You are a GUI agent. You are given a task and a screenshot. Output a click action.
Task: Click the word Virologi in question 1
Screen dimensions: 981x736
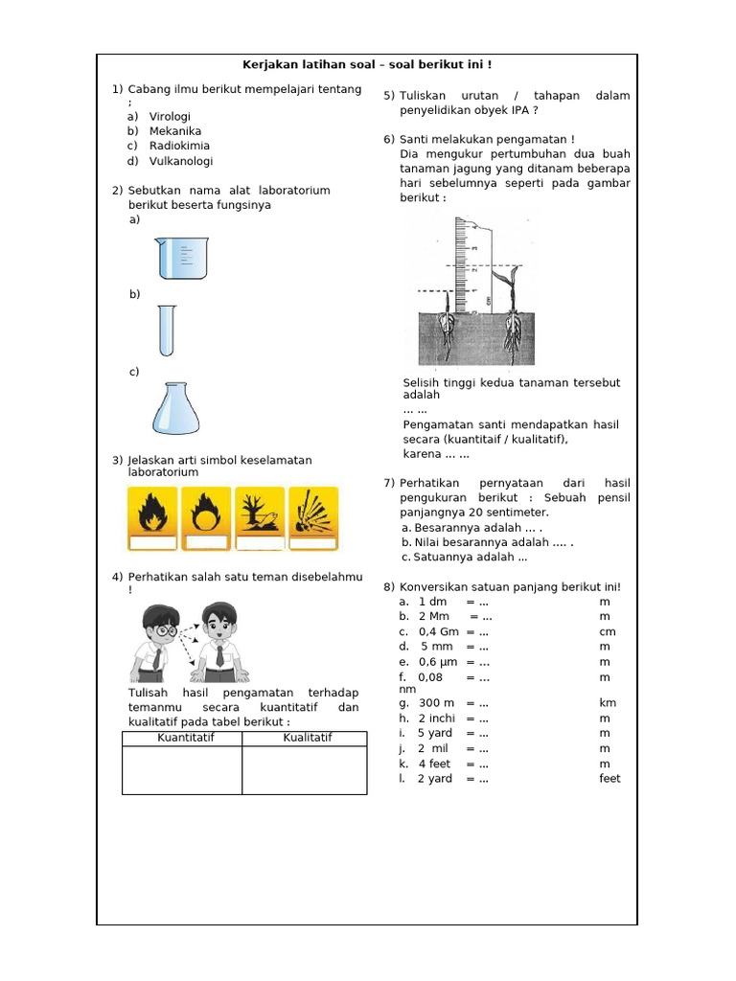point(171,116)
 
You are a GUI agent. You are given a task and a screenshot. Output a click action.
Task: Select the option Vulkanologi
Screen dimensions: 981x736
point(181,161)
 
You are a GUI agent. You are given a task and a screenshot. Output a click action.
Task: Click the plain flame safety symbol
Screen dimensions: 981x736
point(152,518)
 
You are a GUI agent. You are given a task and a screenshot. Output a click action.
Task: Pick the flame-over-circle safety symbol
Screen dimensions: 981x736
point(206,518)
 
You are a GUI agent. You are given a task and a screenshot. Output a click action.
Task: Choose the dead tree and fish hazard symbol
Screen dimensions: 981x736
point(261,518)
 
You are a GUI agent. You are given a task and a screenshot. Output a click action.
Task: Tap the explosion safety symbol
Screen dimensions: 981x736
point(312,518)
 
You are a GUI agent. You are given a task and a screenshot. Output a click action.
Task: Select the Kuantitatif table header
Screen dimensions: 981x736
point(182,738)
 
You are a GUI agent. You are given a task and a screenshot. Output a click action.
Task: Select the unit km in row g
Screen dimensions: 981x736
point(608,703)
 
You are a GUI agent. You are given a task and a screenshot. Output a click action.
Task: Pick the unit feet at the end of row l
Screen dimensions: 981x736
point(610,779)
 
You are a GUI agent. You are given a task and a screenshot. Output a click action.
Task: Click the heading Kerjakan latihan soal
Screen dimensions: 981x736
point(366,65)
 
